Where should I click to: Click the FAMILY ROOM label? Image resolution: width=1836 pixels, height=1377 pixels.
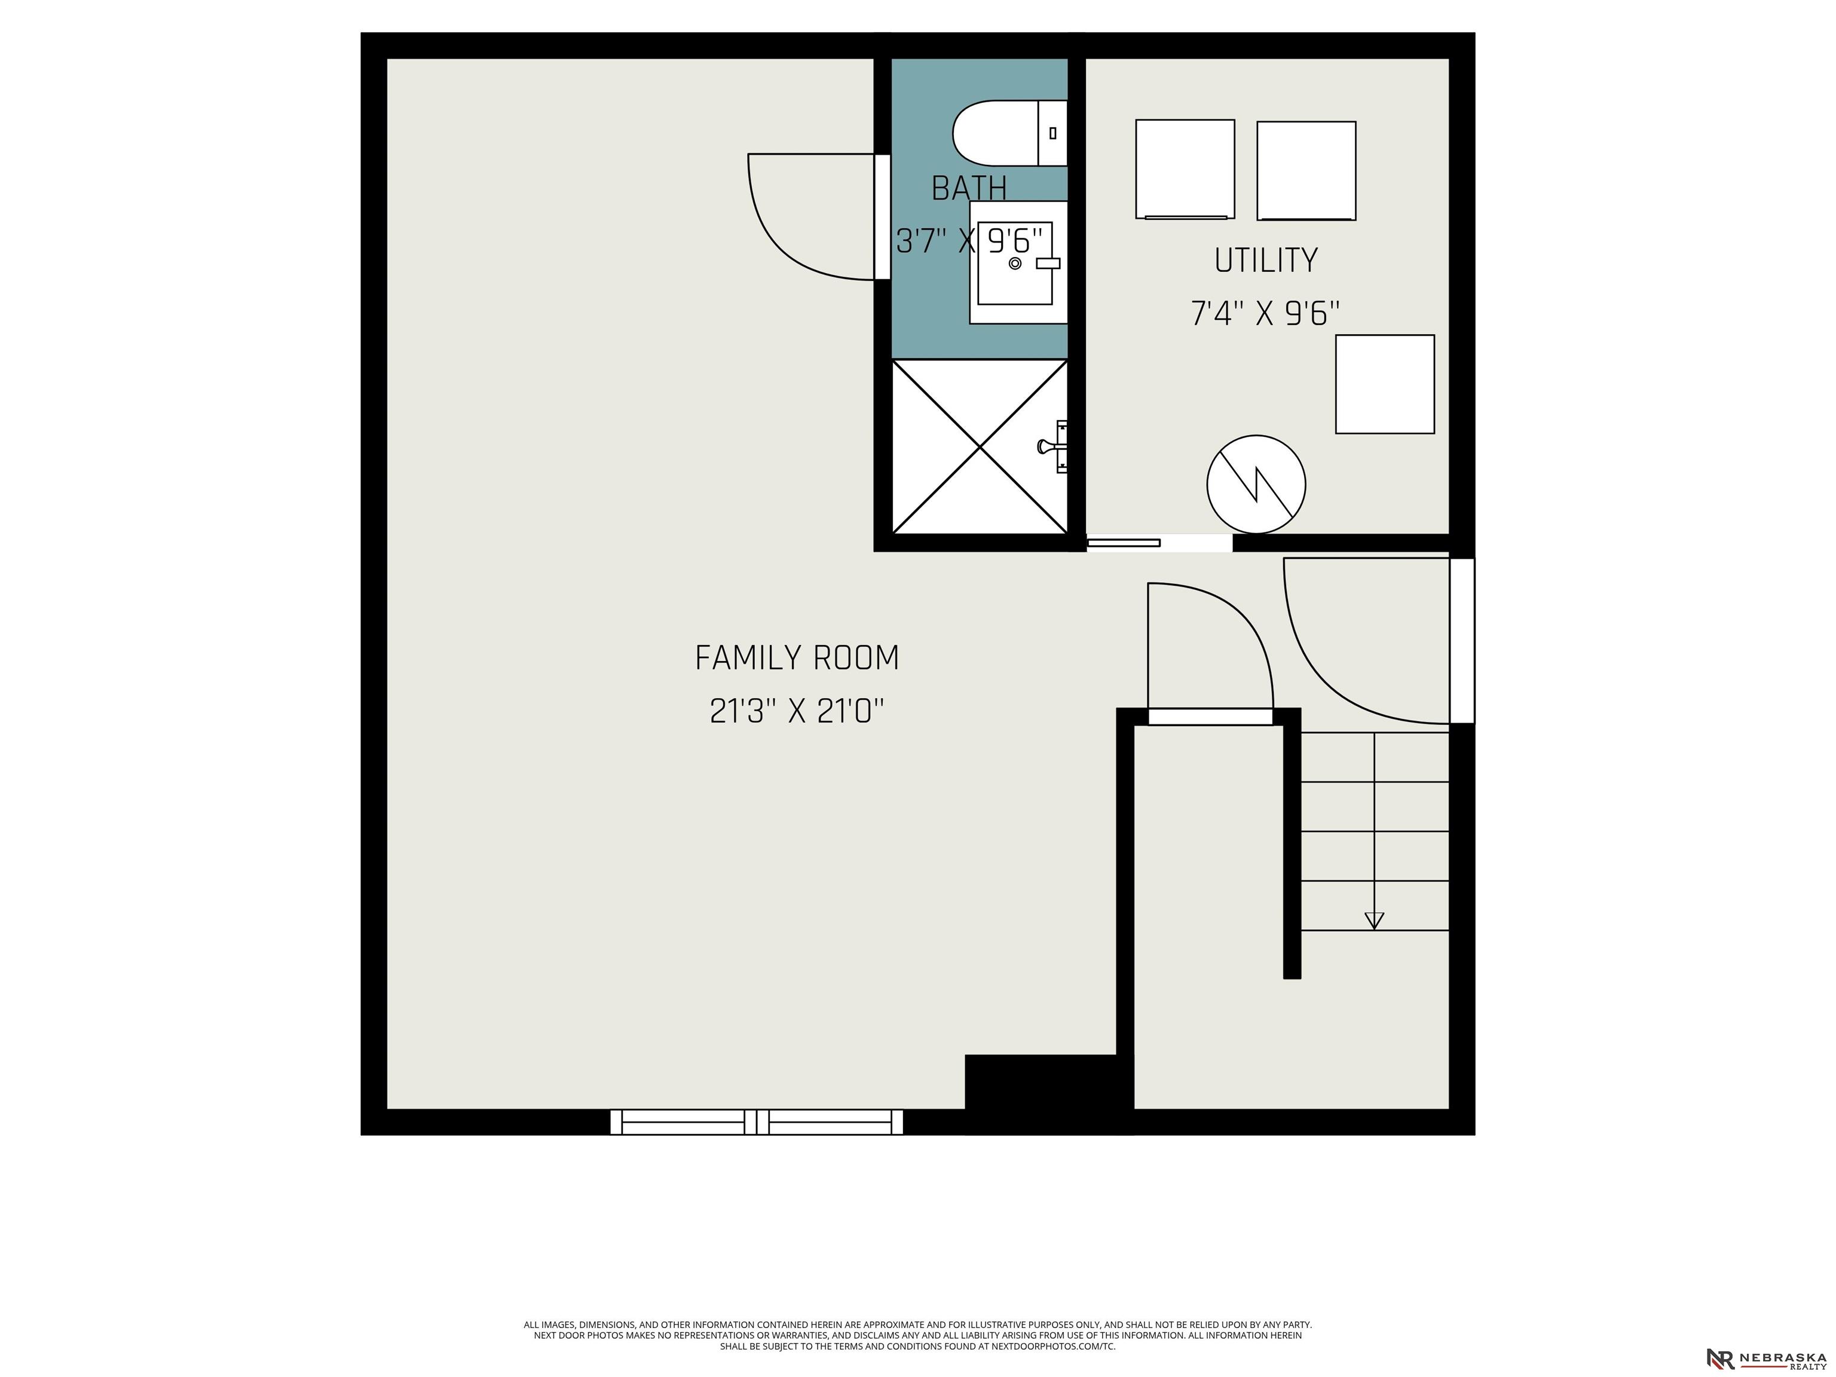tap(797, 658)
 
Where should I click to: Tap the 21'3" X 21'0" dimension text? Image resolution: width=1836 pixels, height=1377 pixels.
tap(797, 711)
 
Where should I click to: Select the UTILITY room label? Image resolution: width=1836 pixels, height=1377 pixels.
tap(1266, 261)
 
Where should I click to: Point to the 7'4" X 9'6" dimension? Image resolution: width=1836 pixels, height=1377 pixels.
tap(1266, 314)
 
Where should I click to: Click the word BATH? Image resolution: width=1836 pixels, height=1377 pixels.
tap(969, 188)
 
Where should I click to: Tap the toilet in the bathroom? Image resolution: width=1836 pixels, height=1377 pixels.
tap(1009, 133)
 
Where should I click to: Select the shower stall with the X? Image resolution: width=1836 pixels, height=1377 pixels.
tap(980, 446)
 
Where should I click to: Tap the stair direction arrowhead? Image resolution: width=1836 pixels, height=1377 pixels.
tap(1375, 920)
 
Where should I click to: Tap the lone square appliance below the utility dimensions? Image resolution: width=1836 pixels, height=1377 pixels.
tap(1384, 384)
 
